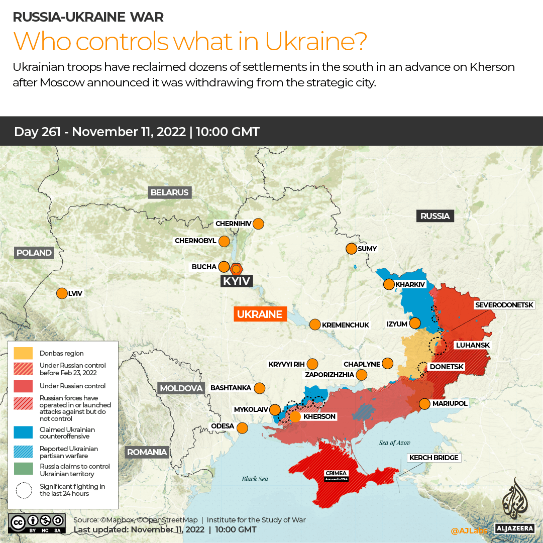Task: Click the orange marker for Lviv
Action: (62, 293)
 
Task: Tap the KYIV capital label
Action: (236, 281)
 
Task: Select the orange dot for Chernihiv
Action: (258, 224)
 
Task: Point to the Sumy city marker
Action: (351, 249)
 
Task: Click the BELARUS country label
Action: (170, 192)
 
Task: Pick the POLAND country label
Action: (34, 253)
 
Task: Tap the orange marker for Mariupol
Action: (424, 403)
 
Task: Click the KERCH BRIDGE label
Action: (433, 458)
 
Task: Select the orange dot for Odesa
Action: (242, 428)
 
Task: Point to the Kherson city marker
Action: (295, 416)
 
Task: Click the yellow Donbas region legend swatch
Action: (24, 353)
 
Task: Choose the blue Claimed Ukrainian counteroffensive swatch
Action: (24, 432)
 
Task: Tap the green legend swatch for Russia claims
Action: (24, 470)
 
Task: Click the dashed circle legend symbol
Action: (24, 490)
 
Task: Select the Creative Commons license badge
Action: (37, 522)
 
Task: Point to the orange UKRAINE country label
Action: (260, 314)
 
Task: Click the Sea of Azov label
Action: (394, 443)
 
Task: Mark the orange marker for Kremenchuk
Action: (314, 324)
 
